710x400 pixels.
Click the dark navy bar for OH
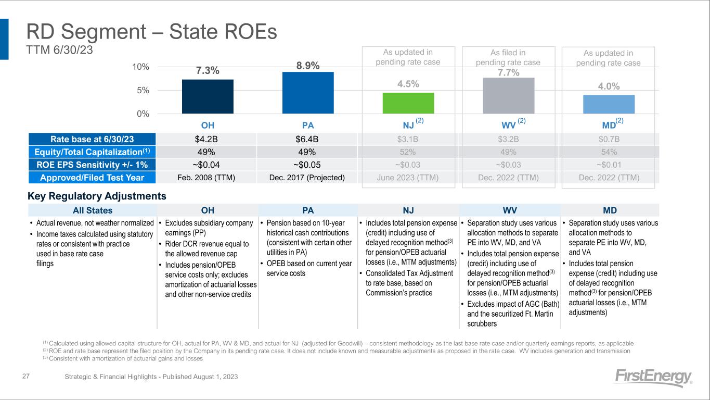click(x=208, y=96)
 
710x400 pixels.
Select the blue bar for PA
click(x=308, y=93)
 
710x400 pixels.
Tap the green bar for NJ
click(x=408, y=103)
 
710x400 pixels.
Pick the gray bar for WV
click(x=509, y=95)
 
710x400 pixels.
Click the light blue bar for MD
click(x=609, y=104)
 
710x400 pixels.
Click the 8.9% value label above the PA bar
click(x=308, y=65)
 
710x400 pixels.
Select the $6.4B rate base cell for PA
click(x=308, y=139)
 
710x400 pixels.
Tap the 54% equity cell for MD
click(x=609, y=152)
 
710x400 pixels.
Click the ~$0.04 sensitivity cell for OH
click(x=208, y=165)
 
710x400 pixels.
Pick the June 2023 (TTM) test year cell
click(x=408, y=177)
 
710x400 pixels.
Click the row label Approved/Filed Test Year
click(x=92, y=177)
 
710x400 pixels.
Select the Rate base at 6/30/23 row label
click(x=92, y=139)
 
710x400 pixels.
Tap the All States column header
click(x=92, y=210)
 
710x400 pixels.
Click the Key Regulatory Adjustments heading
click(x=97, y=196)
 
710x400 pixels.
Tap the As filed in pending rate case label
click(x=508, y=57)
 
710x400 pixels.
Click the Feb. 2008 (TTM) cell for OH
click(x=208, y=177)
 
